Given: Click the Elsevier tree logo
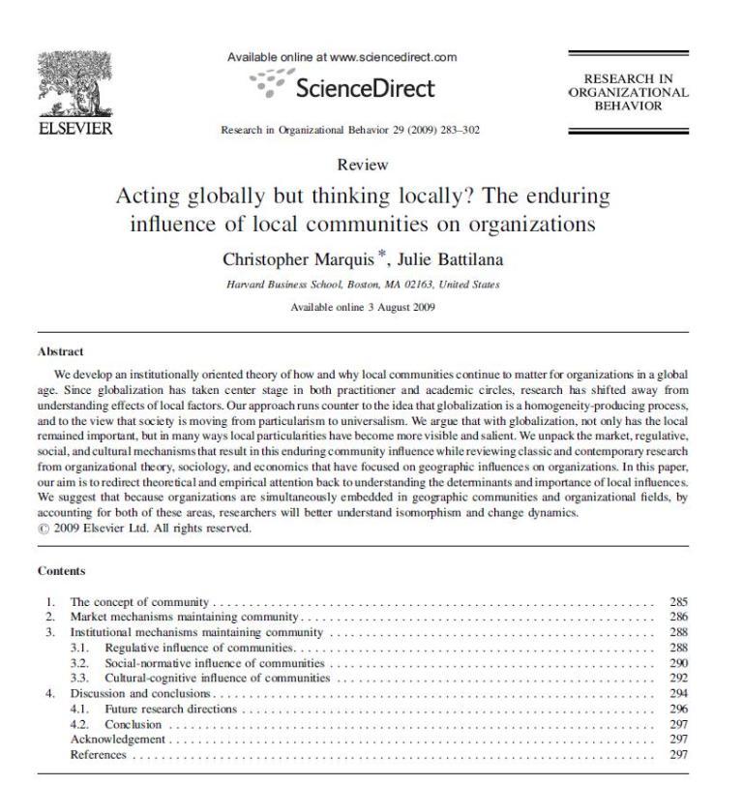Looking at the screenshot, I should click(74, 82).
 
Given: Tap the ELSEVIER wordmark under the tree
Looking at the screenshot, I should click(74, 129).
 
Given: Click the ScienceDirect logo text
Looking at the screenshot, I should click(365, 88).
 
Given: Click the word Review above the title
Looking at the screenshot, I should click(363, 166).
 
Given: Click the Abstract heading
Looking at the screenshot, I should click(60, 351).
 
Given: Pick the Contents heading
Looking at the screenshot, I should click(61, 571).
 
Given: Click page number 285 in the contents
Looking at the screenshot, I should click(678, 602).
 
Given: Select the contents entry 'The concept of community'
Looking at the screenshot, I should click(141, 602).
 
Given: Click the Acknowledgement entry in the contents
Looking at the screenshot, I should click(118, 740).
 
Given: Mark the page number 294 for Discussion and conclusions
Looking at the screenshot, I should click(678, 694).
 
